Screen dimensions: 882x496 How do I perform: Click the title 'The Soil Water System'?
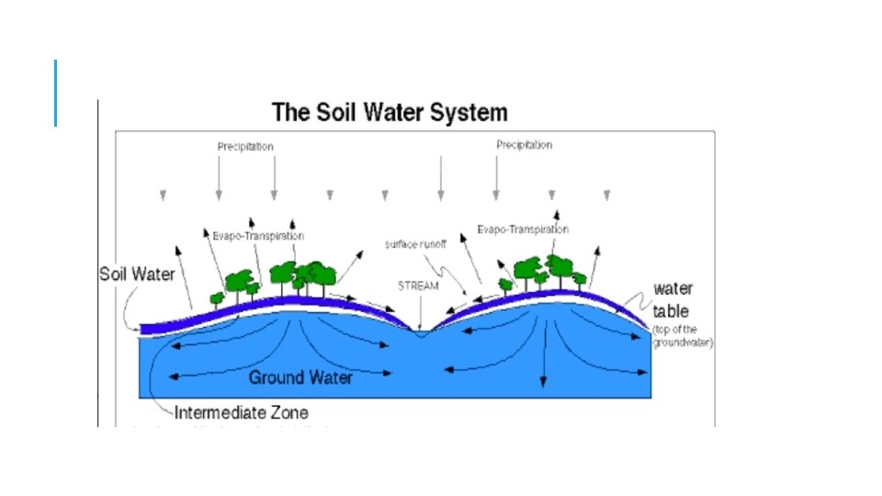[390, 113]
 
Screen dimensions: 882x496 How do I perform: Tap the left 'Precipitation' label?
[245, 146]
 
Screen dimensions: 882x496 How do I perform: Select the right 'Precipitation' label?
[524, 145]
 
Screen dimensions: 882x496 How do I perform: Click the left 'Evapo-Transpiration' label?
[252, 236]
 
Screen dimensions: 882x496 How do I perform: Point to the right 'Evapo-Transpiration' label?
[523, 229]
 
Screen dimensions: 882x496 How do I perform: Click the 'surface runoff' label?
[414, 245]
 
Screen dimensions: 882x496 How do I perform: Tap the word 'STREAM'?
[418, 286]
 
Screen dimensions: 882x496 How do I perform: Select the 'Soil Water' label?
[137, 275]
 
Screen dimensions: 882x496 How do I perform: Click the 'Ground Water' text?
[300, 377]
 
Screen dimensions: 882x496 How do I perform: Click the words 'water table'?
[673, 299]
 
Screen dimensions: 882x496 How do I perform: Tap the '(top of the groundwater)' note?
[683, 336]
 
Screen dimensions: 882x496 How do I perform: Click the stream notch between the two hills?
[420, 330]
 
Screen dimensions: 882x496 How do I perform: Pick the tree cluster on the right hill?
[543, 273]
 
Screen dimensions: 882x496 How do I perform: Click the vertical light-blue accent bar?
[56, 93]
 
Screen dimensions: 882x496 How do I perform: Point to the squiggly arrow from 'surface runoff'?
[457, 276]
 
